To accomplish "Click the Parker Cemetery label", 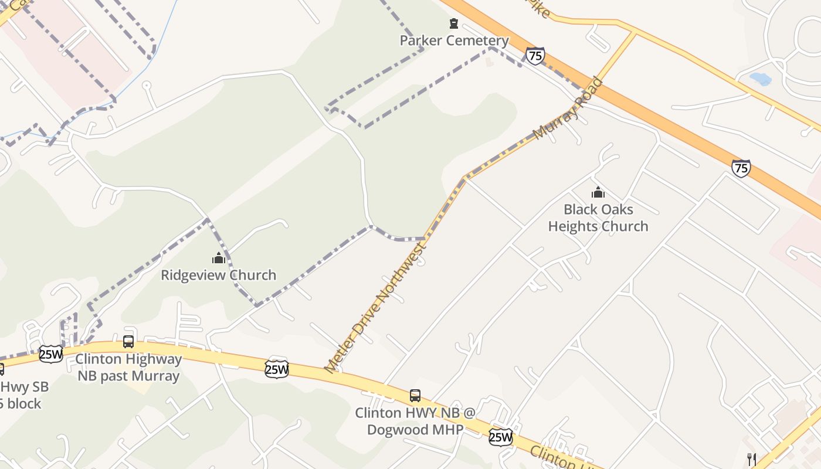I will point(454,40).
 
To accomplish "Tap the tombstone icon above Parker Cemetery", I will point(453,23).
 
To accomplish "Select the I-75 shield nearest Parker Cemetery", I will point(535,56).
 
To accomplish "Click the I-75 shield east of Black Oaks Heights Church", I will point(741,168).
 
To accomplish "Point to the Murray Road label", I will point(568,108).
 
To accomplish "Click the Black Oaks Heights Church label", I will point(598,217).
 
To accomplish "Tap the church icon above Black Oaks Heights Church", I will point(598,192).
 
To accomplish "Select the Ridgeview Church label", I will point(218,275).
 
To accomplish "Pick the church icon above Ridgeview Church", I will point(219,257).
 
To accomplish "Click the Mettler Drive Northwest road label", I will point(376,308).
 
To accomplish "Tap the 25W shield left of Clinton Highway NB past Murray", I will point(50,354).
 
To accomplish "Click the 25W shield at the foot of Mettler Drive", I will point(276,369).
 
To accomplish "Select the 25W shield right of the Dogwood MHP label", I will point(500,436).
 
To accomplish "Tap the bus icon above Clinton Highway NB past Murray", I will point(128,341).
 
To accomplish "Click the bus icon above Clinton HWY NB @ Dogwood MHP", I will point(415,395).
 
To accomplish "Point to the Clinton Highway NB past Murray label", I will point(129,367).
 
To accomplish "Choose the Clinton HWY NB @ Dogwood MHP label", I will point(415,421).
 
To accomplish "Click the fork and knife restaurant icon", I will point(751,459).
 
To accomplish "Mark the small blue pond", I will point(760,79).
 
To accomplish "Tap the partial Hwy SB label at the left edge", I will point(23,395).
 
